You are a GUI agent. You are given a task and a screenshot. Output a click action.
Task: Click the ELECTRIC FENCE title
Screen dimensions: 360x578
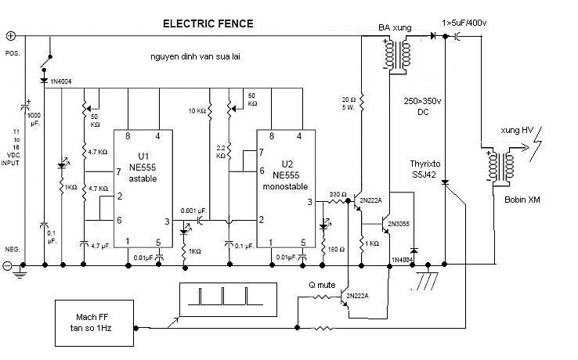click(x=208, y=23)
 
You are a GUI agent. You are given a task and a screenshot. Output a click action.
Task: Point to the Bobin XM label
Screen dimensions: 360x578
click(x=523, y=200)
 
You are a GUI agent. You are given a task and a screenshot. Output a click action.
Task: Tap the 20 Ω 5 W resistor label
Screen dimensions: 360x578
click(x=349, y=103)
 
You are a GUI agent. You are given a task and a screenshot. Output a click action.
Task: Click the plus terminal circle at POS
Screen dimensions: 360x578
click(x=11, y=36)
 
